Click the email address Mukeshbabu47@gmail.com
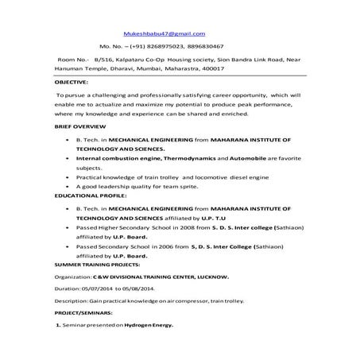[x=164, y=33]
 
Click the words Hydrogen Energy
[x=147, y=327]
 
